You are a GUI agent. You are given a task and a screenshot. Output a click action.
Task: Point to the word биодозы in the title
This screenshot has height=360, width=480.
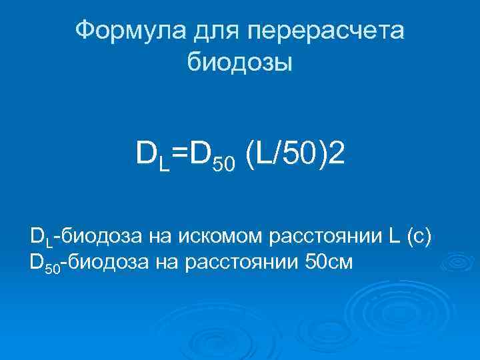tap(239, 63)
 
